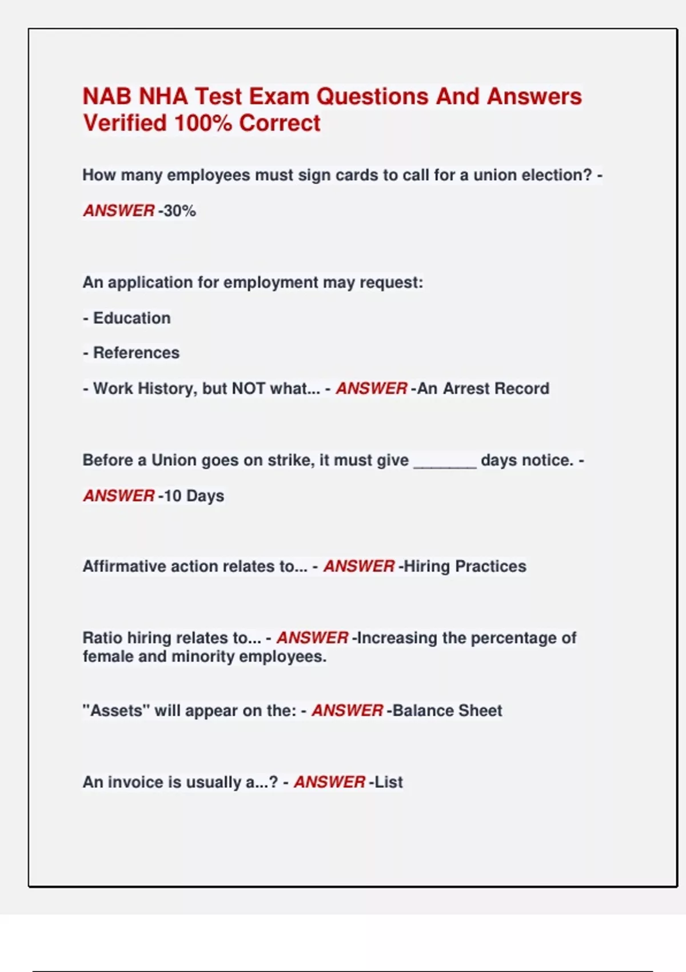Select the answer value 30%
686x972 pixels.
[180, 211]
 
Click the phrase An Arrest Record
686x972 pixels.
[483, 389]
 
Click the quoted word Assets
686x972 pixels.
[117, 711]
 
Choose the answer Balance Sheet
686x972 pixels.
[448, 711]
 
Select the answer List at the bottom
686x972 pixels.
[389, 782]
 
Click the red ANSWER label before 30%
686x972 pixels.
[119, 211]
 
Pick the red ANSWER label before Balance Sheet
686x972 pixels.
[347, 711]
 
